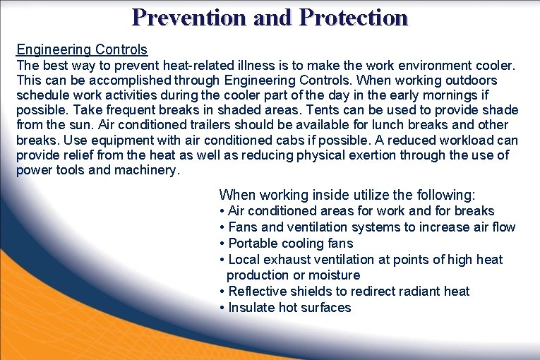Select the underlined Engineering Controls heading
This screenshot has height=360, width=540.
click(x=82, y=49)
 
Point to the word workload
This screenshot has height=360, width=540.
click(x=467, y=140)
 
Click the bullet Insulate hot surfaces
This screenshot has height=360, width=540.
click(x=289, y=308)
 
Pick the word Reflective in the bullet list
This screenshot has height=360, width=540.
click(x=259, y=292)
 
